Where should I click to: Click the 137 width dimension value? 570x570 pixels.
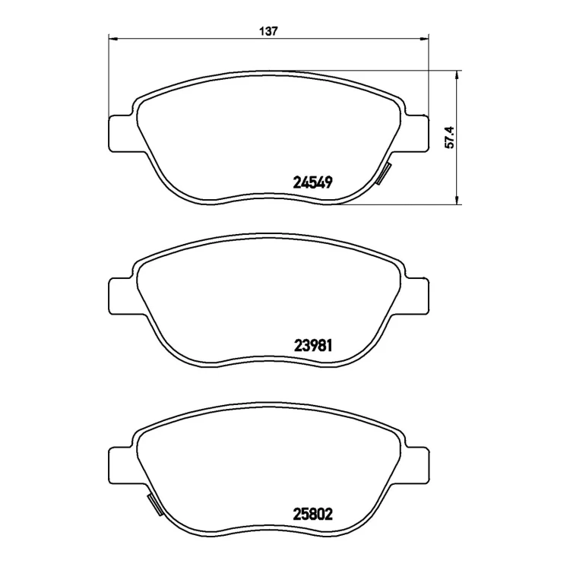(x=268, y=32)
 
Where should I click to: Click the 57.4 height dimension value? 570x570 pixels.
(x=450, y=137)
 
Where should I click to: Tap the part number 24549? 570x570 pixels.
(x=312, y=182)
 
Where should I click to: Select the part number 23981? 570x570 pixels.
(x=313, y=345)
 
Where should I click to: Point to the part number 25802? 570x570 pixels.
(x=312, y=514)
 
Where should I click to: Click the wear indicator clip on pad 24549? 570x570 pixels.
(x=383, y=173)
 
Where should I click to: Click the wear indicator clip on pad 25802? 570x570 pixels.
(x=155, y=504)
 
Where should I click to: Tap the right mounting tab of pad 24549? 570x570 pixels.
(x=416, y=133)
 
